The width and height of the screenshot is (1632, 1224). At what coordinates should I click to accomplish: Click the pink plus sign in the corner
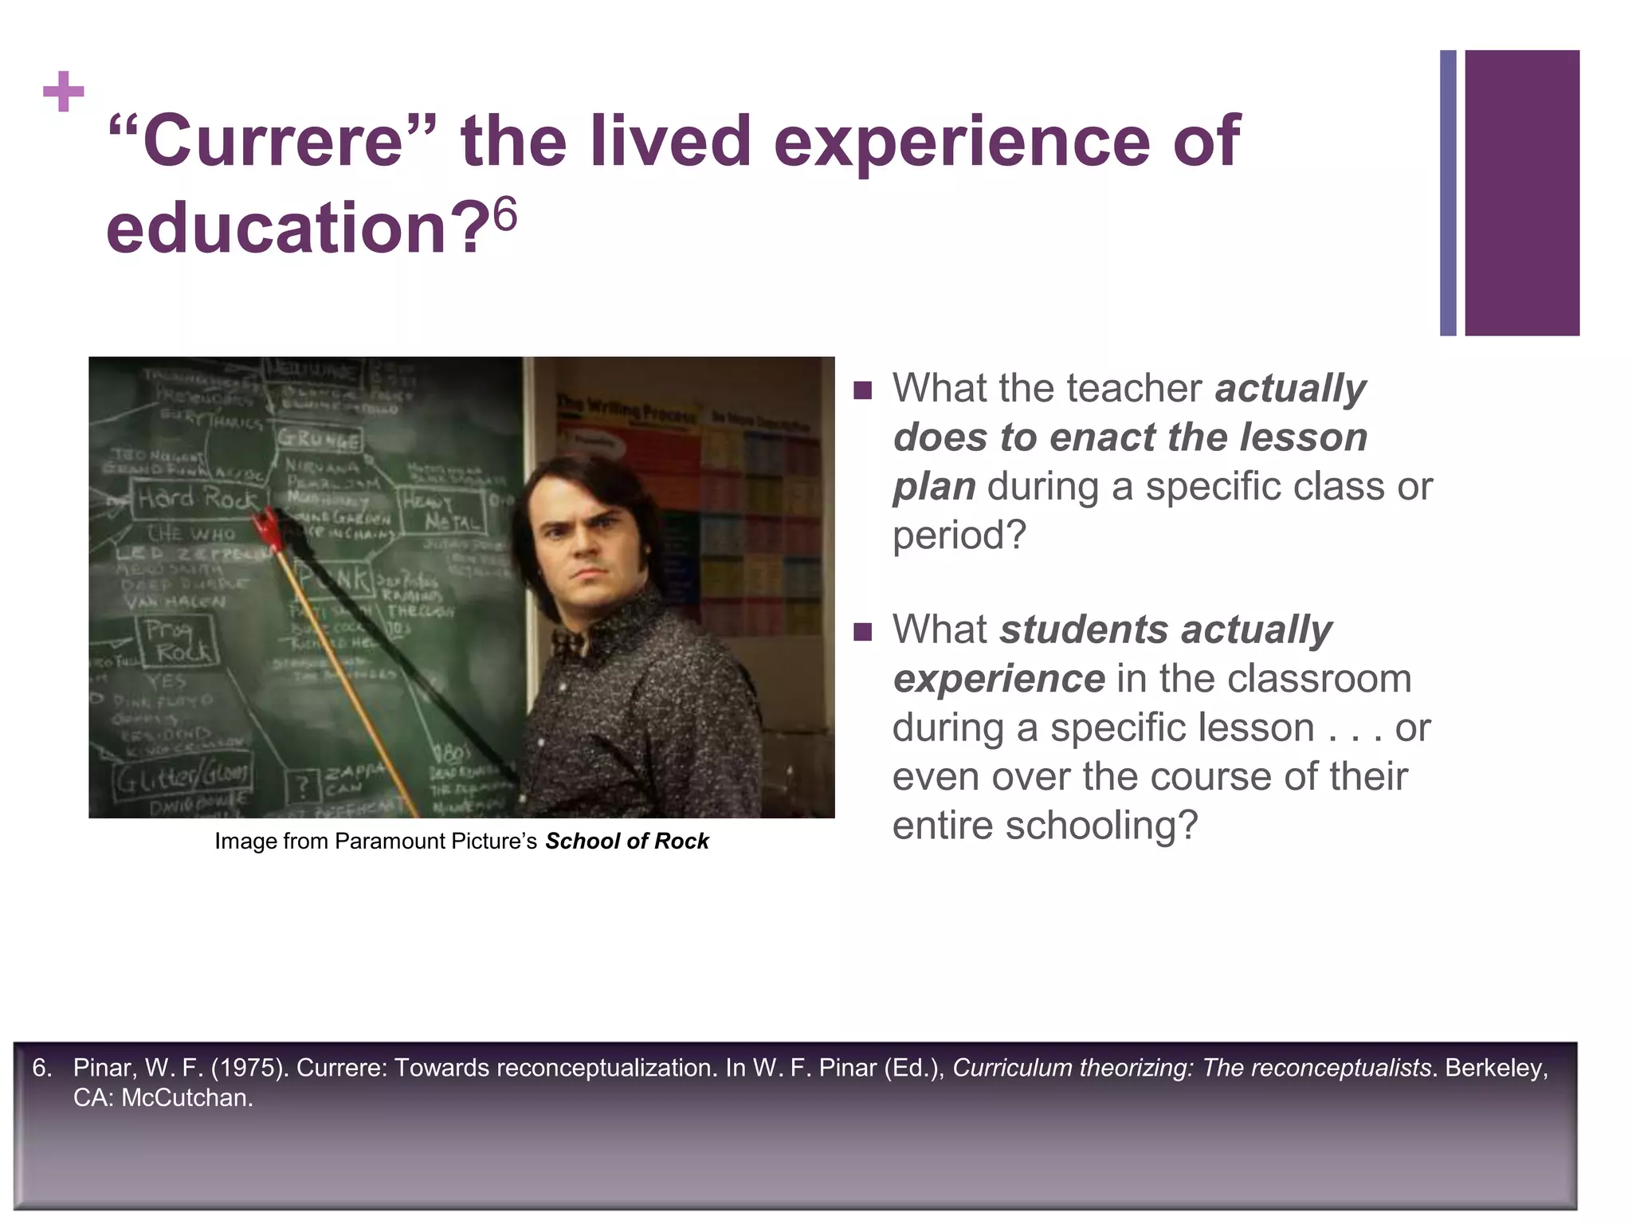[64, 92]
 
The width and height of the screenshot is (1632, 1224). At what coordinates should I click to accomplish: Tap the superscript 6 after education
[505, 214]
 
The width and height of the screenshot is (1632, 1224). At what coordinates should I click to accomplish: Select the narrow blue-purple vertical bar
[1448, 193]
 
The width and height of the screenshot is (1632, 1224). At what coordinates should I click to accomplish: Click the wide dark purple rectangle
[1521, 193]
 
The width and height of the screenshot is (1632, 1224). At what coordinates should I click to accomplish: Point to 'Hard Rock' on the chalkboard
[198, 499]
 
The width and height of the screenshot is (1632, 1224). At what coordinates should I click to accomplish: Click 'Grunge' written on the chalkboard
[319, 439]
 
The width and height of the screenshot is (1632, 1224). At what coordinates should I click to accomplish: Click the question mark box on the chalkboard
[303, 787]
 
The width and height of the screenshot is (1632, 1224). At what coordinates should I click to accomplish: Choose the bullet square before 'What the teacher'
[862, 390]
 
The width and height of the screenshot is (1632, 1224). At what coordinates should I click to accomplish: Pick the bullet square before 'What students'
[862, 632]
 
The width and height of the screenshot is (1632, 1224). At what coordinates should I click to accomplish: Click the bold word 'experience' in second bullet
[998, 679]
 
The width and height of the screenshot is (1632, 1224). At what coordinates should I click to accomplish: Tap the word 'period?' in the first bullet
[959, 535]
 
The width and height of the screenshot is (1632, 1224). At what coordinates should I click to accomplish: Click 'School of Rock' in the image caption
[626, 841]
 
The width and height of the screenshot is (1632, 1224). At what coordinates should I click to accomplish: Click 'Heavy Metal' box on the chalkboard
[443, 511]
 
